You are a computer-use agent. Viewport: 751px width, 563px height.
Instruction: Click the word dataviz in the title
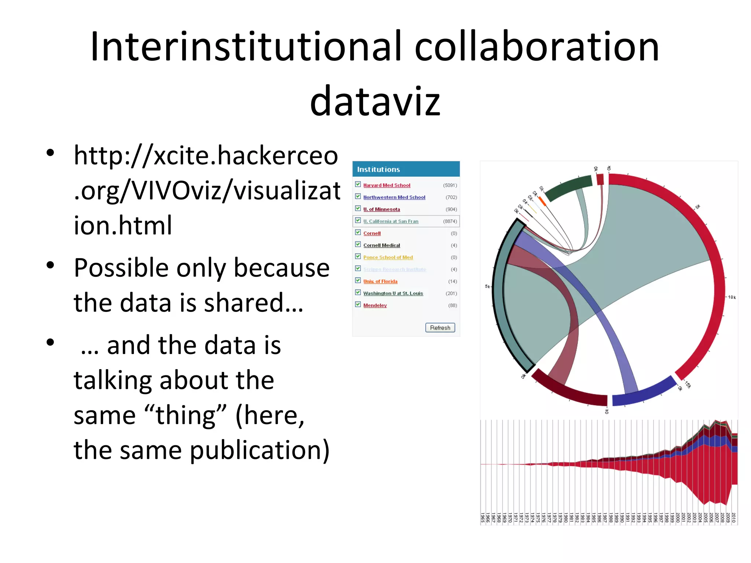tap(375, 101)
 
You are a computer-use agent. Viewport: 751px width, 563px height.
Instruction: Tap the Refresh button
tap(440, 328)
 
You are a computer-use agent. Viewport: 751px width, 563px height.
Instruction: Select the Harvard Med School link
tap(387, 185)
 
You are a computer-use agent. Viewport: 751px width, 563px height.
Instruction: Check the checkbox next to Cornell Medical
tap(358, 244)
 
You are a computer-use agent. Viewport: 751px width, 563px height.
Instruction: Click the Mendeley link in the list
tap(375, 305)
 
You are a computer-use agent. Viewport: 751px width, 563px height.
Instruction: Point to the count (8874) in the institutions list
tap(450, 221)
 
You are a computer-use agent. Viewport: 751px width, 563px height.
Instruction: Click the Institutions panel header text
tap(378, 169)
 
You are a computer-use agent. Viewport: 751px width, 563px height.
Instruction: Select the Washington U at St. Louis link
tap(393, 293)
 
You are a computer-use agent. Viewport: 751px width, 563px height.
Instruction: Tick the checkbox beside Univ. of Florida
tap(358, 280)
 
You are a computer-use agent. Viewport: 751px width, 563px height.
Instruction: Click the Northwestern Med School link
tap(394, 197)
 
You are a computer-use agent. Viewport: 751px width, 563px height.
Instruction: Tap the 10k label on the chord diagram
tap(732, 297)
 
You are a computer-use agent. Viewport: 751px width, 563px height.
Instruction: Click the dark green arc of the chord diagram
tap(568, 187)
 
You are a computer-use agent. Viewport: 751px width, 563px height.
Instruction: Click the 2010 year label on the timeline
tap(733, 518)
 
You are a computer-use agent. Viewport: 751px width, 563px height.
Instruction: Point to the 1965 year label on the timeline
tap(483, 518)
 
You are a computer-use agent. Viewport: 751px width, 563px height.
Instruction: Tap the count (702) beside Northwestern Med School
tap(451, 197)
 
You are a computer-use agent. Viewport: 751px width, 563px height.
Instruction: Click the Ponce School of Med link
tap(388, 257)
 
